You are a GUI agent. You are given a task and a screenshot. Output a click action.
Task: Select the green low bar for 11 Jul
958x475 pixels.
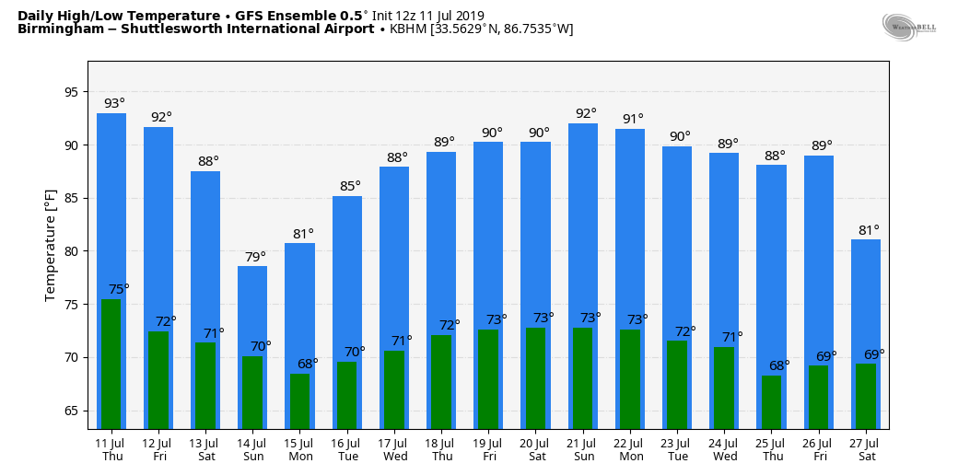coord(111,364)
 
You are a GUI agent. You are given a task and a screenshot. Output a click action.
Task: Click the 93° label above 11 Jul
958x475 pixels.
coord(114,104)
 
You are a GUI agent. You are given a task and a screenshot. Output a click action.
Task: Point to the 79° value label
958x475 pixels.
coord(255,257)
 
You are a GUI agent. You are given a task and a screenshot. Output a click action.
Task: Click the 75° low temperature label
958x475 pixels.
coord(119,290)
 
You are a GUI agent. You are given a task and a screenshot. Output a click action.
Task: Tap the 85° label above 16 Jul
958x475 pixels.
coord(350,187)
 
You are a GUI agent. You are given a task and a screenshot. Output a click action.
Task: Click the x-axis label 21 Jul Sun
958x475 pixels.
coord(584,449)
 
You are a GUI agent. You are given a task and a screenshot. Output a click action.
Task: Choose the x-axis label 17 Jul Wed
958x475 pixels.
coord(395,449)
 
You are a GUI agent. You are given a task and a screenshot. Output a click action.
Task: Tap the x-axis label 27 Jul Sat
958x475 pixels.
coord(866,449)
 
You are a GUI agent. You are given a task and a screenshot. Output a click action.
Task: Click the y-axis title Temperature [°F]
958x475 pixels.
coord(52,245)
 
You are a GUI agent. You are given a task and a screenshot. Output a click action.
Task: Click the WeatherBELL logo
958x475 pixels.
coord(908,28)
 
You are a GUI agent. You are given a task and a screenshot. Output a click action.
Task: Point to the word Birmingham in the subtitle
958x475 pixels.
coord(56,29)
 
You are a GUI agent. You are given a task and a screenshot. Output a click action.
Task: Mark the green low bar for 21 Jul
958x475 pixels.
coord(582,378)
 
